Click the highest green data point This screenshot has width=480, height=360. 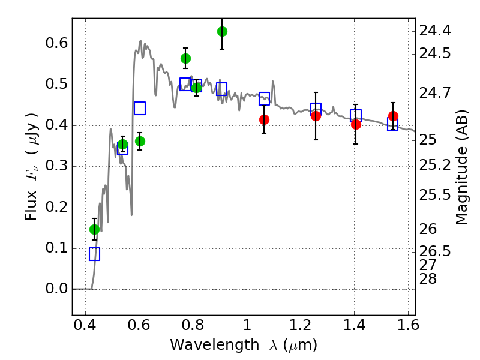(x=222, y=31)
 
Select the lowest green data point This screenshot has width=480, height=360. (x=94, y=229)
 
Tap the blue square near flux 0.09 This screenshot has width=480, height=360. (x=94, y=254)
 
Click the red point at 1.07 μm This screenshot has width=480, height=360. (x=264, y=119)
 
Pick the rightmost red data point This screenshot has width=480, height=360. (x=393, y=116)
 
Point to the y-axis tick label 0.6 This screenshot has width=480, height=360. (x=56, y=44)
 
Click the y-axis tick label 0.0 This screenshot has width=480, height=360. (x=56, y=289)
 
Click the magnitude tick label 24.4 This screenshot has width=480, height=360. (x=436, y=30)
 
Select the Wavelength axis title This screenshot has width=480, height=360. (x=243, y=345)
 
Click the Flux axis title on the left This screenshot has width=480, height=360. (x=31, y=166)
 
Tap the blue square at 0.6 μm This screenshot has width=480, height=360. (x=140, y=108)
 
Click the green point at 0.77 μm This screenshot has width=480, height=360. (x=185, y=58)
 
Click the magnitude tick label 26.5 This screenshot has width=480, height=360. (x=436, y=250)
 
